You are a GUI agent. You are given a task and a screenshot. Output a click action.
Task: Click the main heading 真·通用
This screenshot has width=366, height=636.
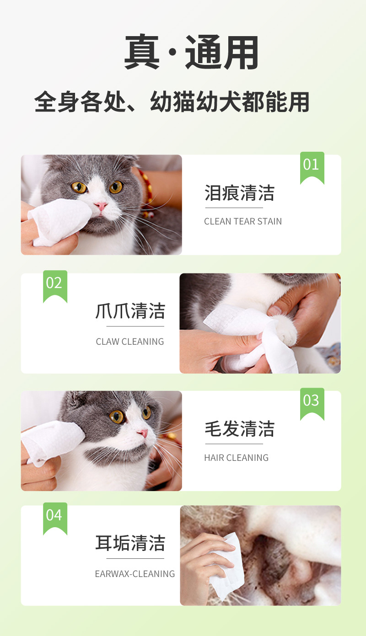point(191,52)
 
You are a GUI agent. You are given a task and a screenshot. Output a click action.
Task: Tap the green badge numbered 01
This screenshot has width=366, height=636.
point(312,167)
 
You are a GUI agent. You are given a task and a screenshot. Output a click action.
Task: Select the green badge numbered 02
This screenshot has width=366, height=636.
point(55,286)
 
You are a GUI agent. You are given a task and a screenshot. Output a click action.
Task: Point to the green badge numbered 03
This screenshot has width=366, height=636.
point(312,403)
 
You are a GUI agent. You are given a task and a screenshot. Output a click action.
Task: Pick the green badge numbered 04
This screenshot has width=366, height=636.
point(55,518)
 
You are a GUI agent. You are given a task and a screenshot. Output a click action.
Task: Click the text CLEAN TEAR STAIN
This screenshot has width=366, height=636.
point(243,221)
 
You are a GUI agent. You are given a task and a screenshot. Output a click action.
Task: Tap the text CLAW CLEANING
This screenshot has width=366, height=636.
point(130,342)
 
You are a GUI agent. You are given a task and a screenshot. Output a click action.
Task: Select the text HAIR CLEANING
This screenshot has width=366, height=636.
point(237,458)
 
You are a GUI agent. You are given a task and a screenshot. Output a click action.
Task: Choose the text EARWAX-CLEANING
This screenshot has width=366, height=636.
point(135,574)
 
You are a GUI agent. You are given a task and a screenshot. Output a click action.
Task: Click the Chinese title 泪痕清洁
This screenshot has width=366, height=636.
point(240,193)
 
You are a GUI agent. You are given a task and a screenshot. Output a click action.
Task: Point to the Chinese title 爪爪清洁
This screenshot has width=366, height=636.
point(130,311)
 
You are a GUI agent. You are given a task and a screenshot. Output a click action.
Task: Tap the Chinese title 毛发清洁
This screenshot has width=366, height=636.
point(240,429)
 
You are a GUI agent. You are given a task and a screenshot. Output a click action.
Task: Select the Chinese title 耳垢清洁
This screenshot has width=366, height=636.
point(130,543)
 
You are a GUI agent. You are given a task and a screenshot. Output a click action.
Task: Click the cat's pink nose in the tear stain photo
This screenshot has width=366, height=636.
point(101,206)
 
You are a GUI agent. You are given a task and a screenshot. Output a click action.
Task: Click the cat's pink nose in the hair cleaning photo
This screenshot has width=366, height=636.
point(143,433)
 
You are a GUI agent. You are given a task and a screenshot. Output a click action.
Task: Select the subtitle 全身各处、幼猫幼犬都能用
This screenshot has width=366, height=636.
point(172,102)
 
